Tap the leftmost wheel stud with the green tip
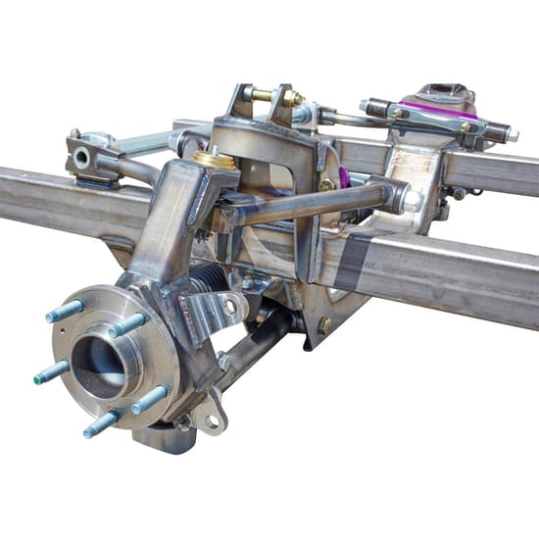[x=51, y=373]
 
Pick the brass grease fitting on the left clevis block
[x=74, y=133]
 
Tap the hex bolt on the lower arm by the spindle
[x=226, y=363]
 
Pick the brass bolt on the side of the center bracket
[x=326, y=184]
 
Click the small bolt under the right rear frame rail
[x=459, y=194]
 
